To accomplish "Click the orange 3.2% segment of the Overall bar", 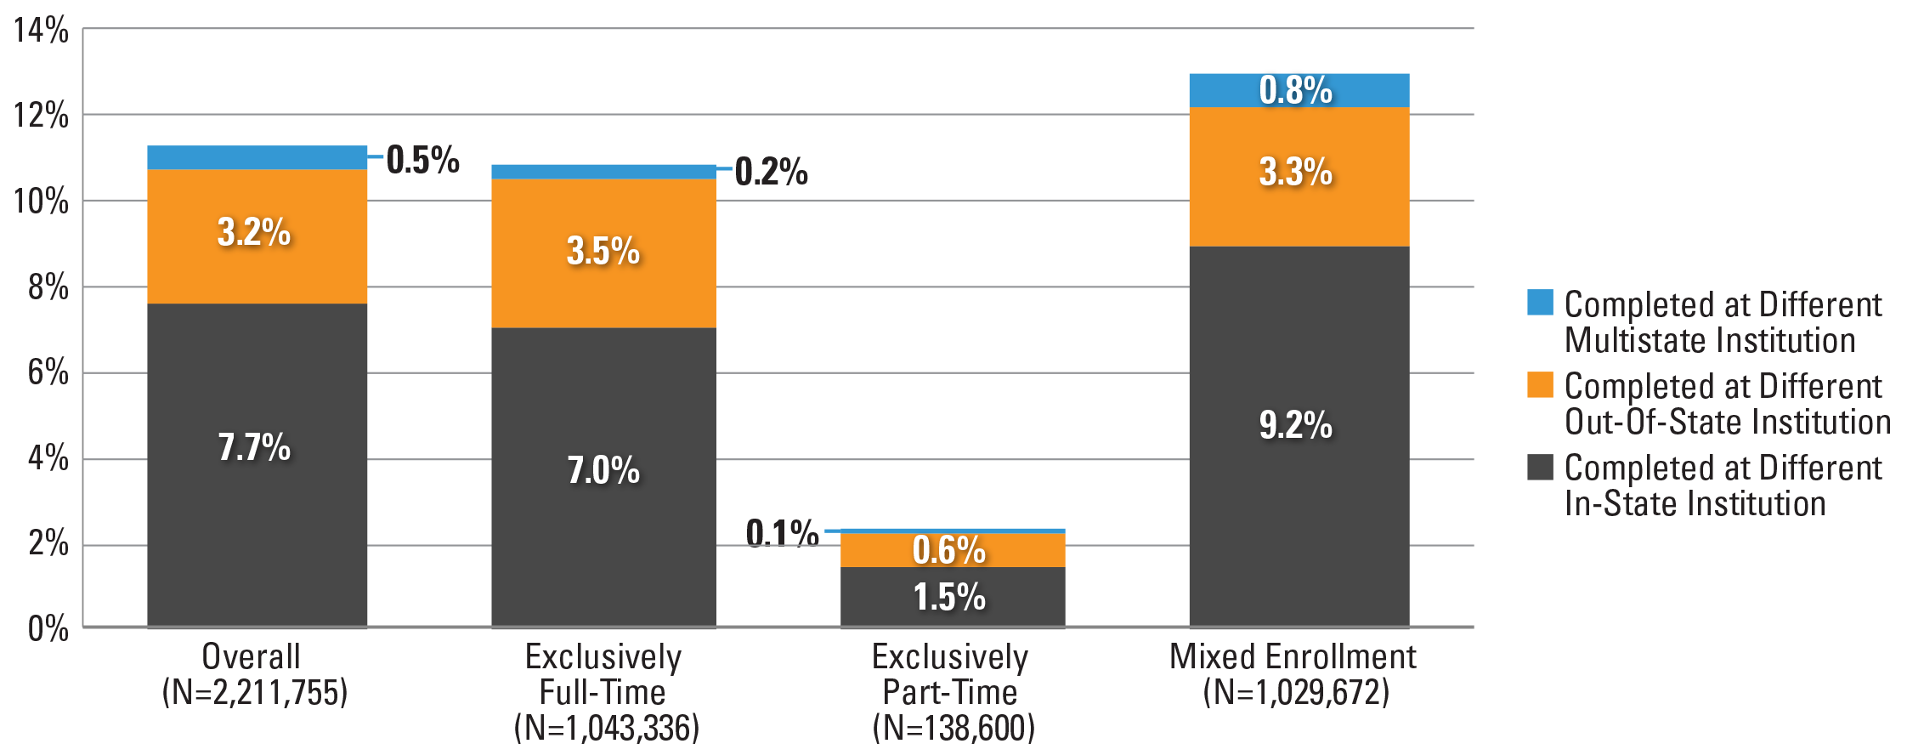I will coord(257,236).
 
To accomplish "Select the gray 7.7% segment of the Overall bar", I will coord(257,464).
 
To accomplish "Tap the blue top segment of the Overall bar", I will coord(257,157).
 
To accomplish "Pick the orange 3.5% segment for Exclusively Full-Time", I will coord(603,253).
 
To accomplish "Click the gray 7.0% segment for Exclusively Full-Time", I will coord(603,476).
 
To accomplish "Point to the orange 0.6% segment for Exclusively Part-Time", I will coord(952,550).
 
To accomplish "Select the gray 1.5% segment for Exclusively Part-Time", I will coord(952,596).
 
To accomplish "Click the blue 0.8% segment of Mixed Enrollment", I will coord(1299,89).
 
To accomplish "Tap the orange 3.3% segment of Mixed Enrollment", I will coord(1299,176).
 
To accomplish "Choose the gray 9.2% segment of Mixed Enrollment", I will coord(1299,435).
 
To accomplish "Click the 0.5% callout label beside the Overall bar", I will coord(422,160).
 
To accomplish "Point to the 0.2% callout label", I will coord(771,172).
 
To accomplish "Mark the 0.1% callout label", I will coord(782,533).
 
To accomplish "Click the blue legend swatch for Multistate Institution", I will coord(1539,303).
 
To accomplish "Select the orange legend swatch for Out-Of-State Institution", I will coord(1539,384).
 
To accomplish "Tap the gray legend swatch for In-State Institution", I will coord(1539,467).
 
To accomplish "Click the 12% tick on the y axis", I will coord(42,115).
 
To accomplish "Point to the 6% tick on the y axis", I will coord(48,372).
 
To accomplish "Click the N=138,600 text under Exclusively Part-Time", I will coord(953,728).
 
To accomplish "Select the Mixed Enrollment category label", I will coord(1293,656).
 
